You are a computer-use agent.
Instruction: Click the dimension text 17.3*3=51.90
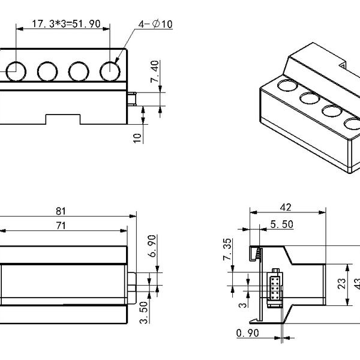point(62,23)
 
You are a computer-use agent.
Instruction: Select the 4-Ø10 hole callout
point(155,23)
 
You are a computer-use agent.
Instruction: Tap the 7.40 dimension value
point(155,71)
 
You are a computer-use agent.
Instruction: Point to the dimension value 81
point(61,211)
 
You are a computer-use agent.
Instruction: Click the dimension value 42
point(286,207)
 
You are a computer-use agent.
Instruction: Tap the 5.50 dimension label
point(281,224)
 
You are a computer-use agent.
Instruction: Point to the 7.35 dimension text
point(227,249)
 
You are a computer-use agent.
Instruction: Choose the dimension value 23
point(341,284)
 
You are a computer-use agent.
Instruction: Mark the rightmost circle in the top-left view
point(110,71)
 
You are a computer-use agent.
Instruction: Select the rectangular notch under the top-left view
point(62,119)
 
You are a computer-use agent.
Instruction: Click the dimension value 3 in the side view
point(242,305)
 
